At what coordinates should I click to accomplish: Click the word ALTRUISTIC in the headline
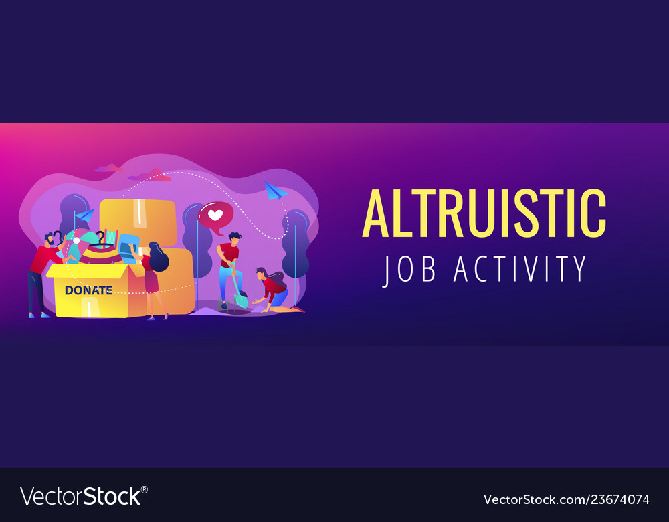484,213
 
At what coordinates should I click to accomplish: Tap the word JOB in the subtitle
409,269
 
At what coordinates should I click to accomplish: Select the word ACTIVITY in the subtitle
520,269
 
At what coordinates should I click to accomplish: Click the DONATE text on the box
89,290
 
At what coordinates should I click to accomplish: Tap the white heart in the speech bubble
215,215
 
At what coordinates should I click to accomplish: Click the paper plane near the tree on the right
275,190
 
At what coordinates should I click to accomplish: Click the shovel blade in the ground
241,301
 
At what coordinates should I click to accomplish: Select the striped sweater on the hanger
102,254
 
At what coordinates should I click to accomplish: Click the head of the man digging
233,238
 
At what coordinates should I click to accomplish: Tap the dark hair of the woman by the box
158,257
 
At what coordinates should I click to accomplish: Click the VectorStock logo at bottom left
84,496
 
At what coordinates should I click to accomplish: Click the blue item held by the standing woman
128,247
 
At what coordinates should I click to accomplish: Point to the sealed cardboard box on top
138,222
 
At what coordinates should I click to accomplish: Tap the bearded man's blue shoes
39,315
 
